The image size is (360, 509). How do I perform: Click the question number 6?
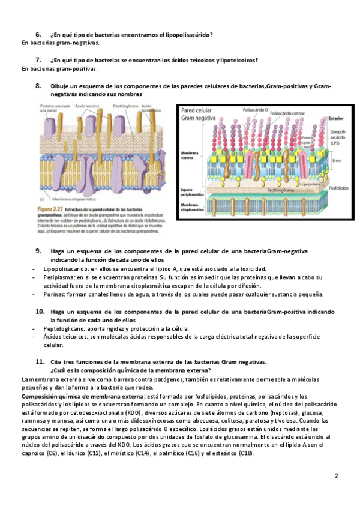click(x=38, y=35)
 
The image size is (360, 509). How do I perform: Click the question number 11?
click(x=40, y=361)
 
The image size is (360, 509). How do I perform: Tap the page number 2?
click(x=337, y=475)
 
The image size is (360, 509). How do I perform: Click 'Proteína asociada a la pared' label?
click(x=53, y=109)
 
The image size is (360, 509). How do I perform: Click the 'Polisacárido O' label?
click(x=256, y=110)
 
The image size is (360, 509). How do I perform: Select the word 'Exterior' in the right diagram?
click(x=336, y=119)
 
